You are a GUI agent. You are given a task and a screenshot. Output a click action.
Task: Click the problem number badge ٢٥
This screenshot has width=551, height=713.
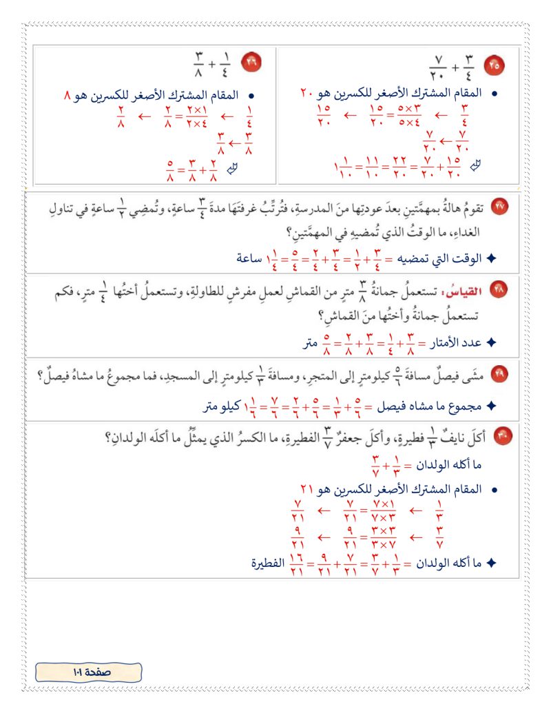495,66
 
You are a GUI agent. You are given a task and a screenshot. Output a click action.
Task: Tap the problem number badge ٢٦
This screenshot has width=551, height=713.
249,63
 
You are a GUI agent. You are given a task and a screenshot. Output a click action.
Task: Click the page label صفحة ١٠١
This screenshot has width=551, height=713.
88,672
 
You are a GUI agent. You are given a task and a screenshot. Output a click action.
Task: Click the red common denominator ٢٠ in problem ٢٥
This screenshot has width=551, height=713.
306,92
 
